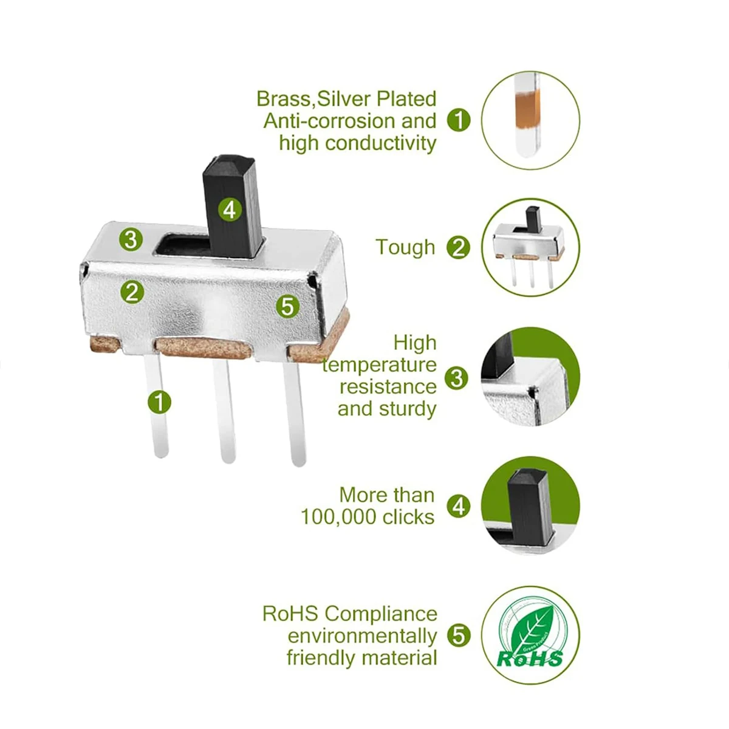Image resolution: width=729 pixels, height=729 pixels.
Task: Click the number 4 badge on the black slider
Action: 229,210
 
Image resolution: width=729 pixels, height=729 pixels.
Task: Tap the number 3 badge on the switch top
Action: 131,239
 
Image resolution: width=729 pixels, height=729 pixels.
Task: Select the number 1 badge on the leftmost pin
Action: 159,402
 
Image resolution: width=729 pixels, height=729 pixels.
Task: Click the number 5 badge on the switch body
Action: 287,306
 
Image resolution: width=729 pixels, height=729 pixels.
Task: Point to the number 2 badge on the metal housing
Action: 132,292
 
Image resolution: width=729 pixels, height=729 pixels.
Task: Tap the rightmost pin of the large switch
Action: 295,413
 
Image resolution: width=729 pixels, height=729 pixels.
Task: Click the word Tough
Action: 405,247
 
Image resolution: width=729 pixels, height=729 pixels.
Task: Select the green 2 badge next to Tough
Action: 459,247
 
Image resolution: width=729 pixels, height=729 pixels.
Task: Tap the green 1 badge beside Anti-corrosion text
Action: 459,120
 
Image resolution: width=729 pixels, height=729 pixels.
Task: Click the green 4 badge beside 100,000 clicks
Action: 459,506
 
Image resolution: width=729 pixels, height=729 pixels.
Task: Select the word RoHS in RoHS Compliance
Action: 290,614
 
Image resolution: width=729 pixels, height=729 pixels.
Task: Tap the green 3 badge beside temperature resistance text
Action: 457,378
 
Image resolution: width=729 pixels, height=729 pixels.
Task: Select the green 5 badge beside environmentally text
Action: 459,635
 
